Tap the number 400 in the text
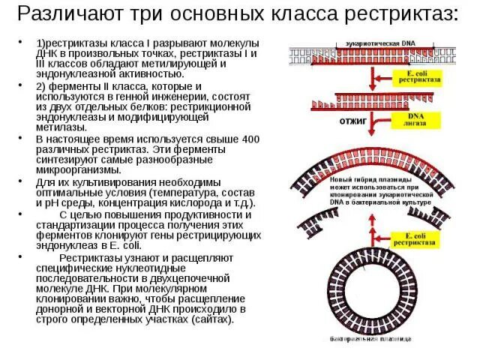tap(248, 139)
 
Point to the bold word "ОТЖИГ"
tap(353, 120)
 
